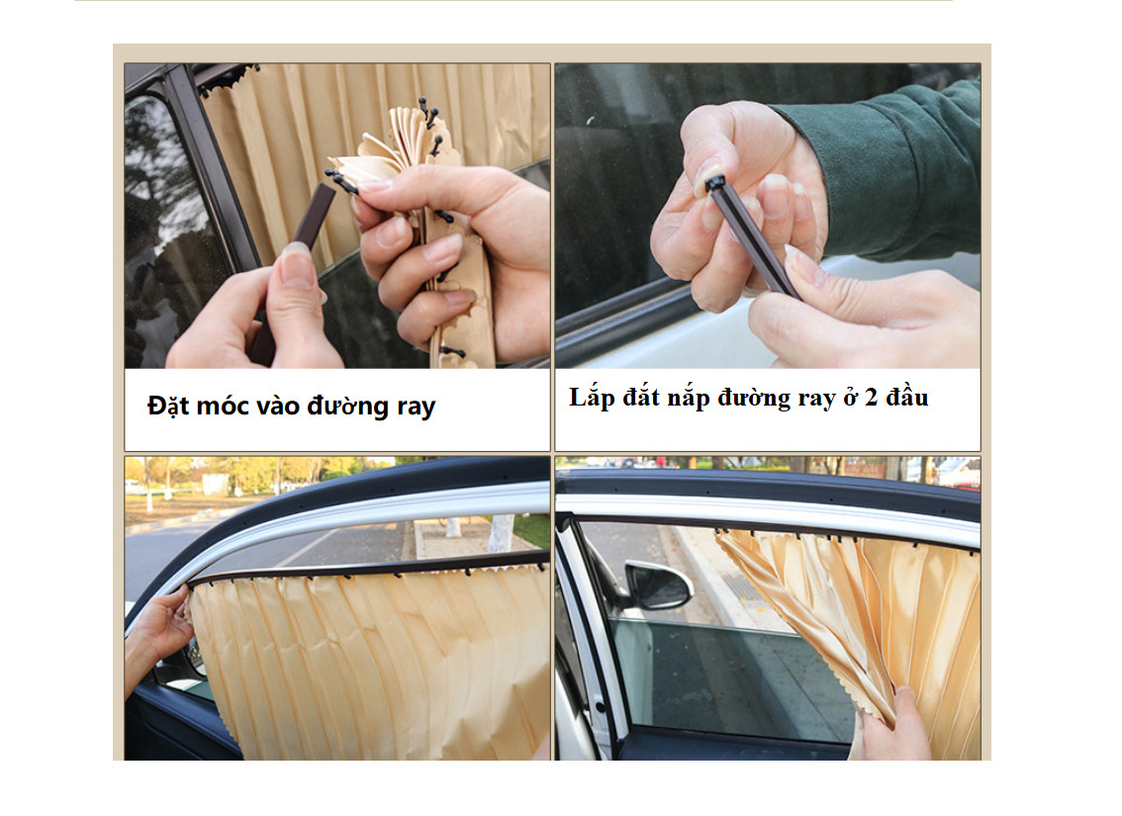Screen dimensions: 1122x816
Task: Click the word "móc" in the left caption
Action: coord(223,407)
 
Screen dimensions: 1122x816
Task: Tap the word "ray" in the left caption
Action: coord(416,408)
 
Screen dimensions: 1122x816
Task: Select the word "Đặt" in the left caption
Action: coord(168,406)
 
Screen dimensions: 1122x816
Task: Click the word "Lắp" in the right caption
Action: coord(592,398)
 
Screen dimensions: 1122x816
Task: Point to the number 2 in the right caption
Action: coord(871,398)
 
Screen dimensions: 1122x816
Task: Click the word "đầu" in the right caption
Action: coord(907,397)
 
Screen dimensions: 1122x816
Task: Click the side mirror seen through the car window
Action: coord(658,585)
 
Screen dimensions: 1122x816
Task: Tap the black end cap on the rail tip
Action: coord(714,183)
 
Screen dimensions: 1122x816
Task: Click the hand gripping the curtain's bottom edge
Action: coord(895,726)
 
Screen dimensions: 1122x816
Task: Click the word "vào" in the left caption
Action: coord(278,407)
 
